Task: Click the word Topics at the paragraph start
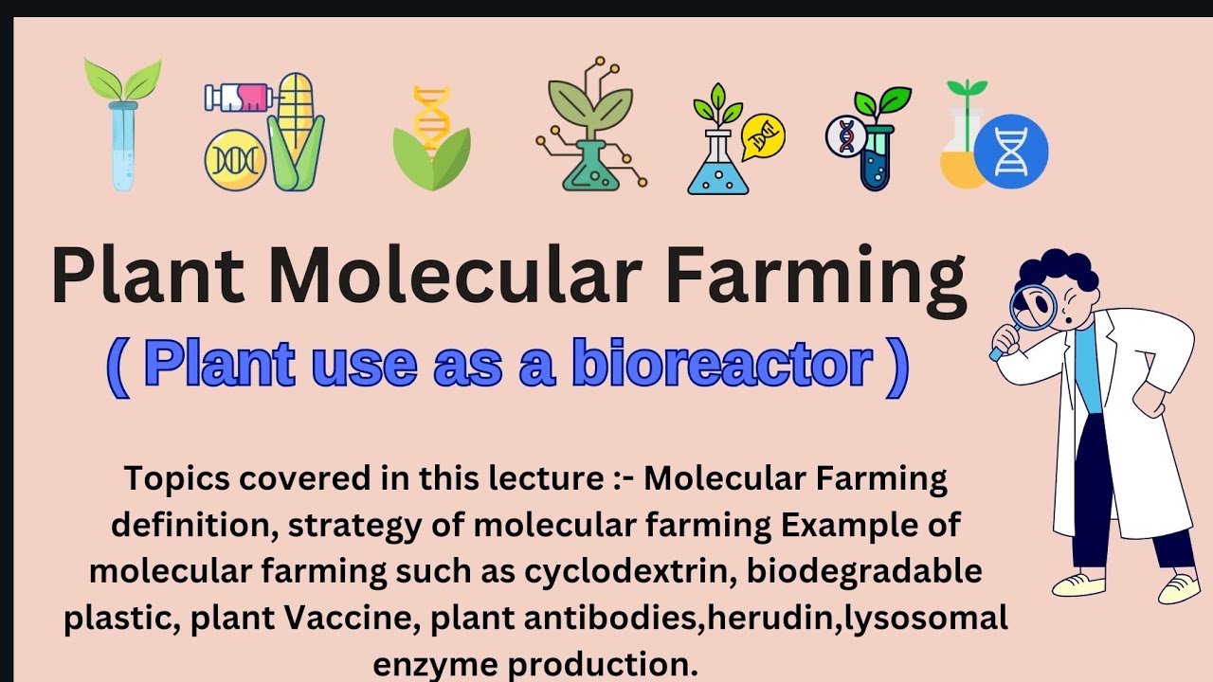click(177, 478)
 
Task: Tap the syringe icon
click(239, 98)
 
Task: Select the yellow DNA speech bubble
click(764, 137)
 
